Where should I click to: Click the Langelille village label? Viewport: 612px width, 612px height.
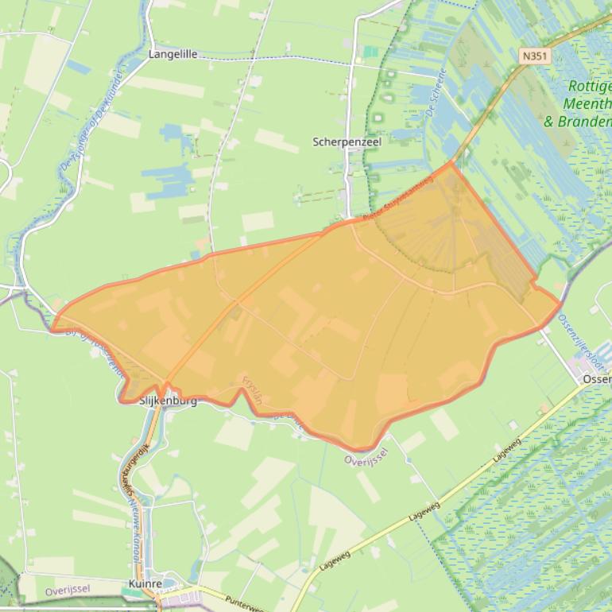point(172,55)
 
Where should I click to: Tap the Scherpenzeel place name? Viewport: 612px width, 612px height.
point(347,141)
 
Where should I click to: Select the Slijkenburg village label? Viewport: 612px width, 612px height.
point(168,401)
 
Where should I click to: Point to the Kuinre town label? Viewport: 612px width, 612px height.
point(145,584)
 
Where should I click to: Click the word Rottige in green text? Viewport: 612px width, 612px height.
point(590,87)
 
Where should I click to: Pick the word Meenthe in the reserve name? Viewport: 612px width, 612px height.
point(588,104)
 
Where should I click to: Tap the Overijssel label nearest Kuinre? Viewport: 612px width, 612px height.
point(68,589)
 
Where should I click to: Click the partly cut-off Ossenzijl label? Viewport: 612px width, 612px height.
point(596,380)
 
